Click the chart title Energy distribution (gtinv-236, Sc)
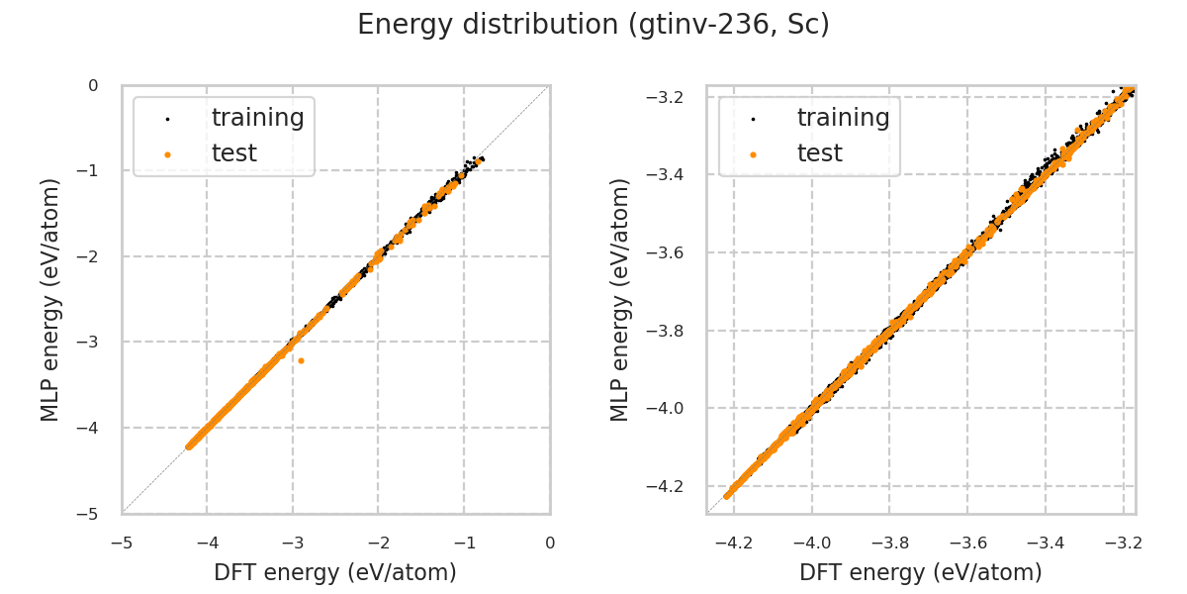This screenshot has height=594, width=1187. (593, 25)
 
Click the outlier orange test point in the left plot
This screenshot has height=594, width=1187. (301, 360)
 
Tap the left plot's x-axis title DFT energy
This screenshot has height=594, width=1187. (335, 572)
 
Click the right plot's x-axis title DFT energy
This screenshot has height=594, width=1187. (921, 572)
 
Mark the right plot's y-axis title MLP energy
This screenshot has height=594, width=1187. (620, 299)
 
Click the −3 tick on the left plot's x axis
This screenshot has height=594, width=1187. (292, 543)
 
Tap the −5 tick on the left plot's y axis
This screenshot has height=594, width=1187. (93, 514)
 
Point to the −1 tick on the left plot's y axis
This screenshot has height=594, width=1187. (93, 171)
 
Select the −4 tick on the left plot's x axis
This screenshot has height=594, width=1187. (207, 543)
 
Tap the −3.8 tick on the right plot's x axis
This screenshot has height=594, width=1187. (888, 543)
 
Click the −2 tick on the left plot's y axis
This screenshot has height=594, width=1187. (93, 256)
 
